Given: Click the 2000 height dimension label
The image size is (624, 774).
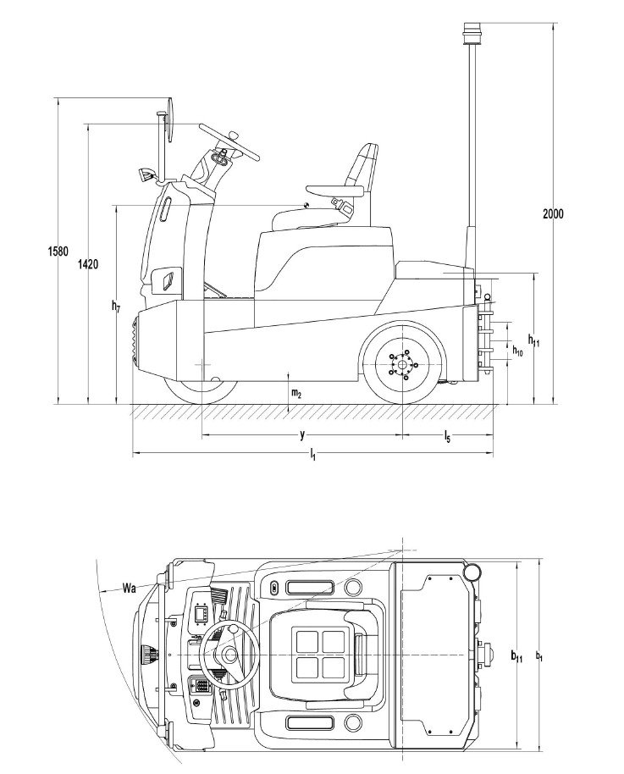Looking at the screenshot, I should point(553,213).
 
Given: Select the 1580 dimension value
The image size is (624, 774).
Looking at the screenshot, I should point(58,251).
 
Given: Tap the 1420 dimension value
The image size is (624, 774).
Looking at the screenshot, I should point(87,264).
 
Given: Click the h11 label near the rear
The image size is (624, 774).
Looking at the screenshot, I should point(533,339).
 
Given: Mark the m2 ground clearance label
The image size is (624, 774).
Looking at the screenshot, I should point(296,393).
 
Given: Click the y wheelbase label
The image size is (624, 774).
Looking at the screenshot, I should point(301,434).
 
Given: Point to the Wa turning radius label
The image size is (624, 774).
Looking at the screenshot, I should point(130,587).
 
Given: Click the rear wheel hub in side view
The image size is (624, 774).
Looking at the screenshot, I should point(400,364).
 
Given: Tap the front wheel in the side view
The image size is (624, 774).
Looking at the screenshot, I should point(200,390).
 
